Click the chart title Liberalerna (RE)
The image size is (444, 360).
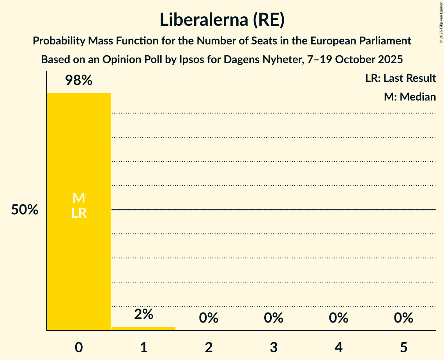222,20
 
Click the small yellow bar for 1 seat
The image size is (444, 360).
143,328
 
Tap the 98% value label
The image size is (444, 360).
79,81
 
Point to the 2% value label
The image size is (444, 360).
143,314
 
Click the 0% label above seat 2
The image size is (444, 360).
209,318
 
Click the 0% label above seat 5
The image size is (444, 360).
403,318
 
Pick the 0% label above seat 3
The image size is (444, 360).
273,318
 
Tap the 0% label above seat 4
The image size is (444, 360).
338,318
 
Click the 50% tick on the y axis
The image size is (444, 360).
25,210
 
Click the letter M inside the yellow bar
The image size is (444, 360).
79,198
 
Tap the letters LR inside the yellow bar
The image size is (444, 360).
79,213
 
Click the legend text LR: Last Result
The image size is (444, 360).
400,78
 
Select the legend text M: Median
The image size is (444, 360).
410,97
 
